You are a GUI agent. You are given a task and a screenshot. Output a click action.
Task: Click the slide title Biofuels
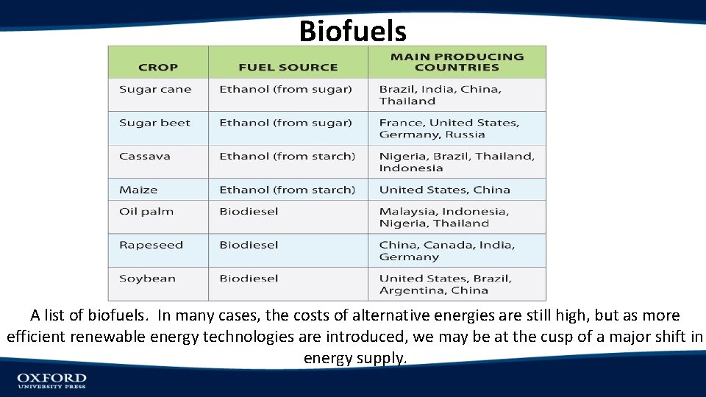(x=353, y=31)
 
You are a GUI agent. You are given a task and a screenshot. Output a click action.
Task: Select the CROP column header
(x=158, y=67)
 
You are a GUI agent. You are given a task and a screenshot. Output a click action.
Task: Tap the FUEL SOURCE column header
(x=288, y=67)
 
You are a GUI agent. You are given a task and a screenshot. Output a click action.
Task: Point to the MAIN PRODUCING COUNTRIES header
(x=457, y=62)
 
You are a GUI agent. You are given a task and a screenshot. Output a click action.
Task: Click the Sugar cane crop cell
(x=155, y=90)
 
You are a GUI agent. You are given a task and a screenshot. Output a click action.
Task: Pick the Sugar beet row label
(x=154, y=123)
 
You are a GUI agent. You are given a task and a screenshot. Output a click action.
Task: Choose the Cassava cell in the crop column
(x=145, y=156)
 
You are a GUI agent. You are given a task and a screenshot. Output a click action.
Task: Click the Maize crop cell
(x=138, y=190)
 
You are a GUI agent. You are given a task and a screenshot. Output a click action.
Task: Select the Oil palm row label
(x=146, y=212)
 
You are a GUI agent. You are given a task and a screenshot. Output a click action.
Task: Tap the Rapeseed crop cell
(x=151, y=245)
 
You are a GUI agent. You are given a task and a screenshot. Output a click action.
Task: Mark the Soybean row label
(x=147, y=279)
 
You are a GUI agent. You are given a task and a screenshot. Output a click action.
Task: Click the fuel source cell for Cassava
(x=287, y=156)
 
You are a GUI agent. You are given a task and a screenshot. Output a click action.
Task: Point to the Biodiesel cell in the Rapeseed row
(x=249, y=245)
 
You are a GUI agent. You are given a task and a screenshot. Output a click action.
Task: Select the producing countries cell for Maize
(x=444, y=190)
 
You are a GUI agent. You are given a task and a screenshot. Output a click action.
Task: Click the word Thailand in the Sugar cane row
(x=407, y=101)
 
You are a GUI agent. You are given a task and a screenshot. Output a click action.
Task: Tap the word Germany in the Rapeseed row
(x=409, y=257)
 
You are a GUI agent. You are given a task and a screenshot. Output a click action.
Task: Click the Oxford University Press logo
(x=51, y=380)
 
